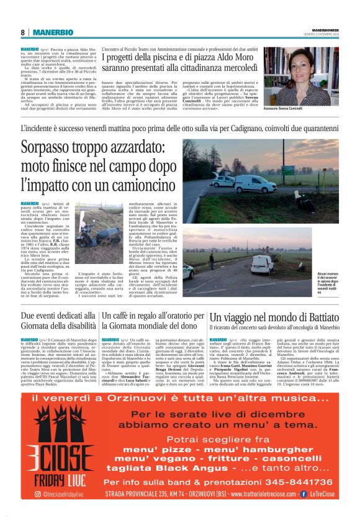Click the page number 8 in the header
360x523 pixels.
[x=23, y=32]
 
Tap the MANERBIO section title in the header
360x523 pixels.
[x=49, y=32]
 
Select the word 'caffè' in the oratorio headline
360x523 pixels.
[x=121, y=317]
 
